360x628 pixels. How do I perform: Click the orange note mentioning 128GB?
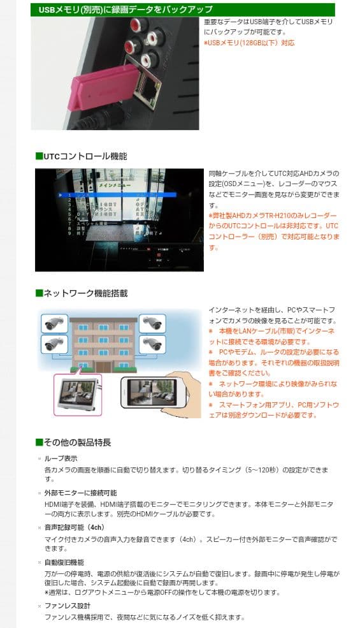point(249,43)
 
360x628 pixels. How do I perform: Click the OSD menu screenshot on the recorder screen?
point(119,220)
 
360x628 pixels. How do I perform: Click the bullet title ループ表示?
point(61,458)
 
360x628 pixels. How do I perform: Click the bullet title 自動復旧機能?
point(64,562)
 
